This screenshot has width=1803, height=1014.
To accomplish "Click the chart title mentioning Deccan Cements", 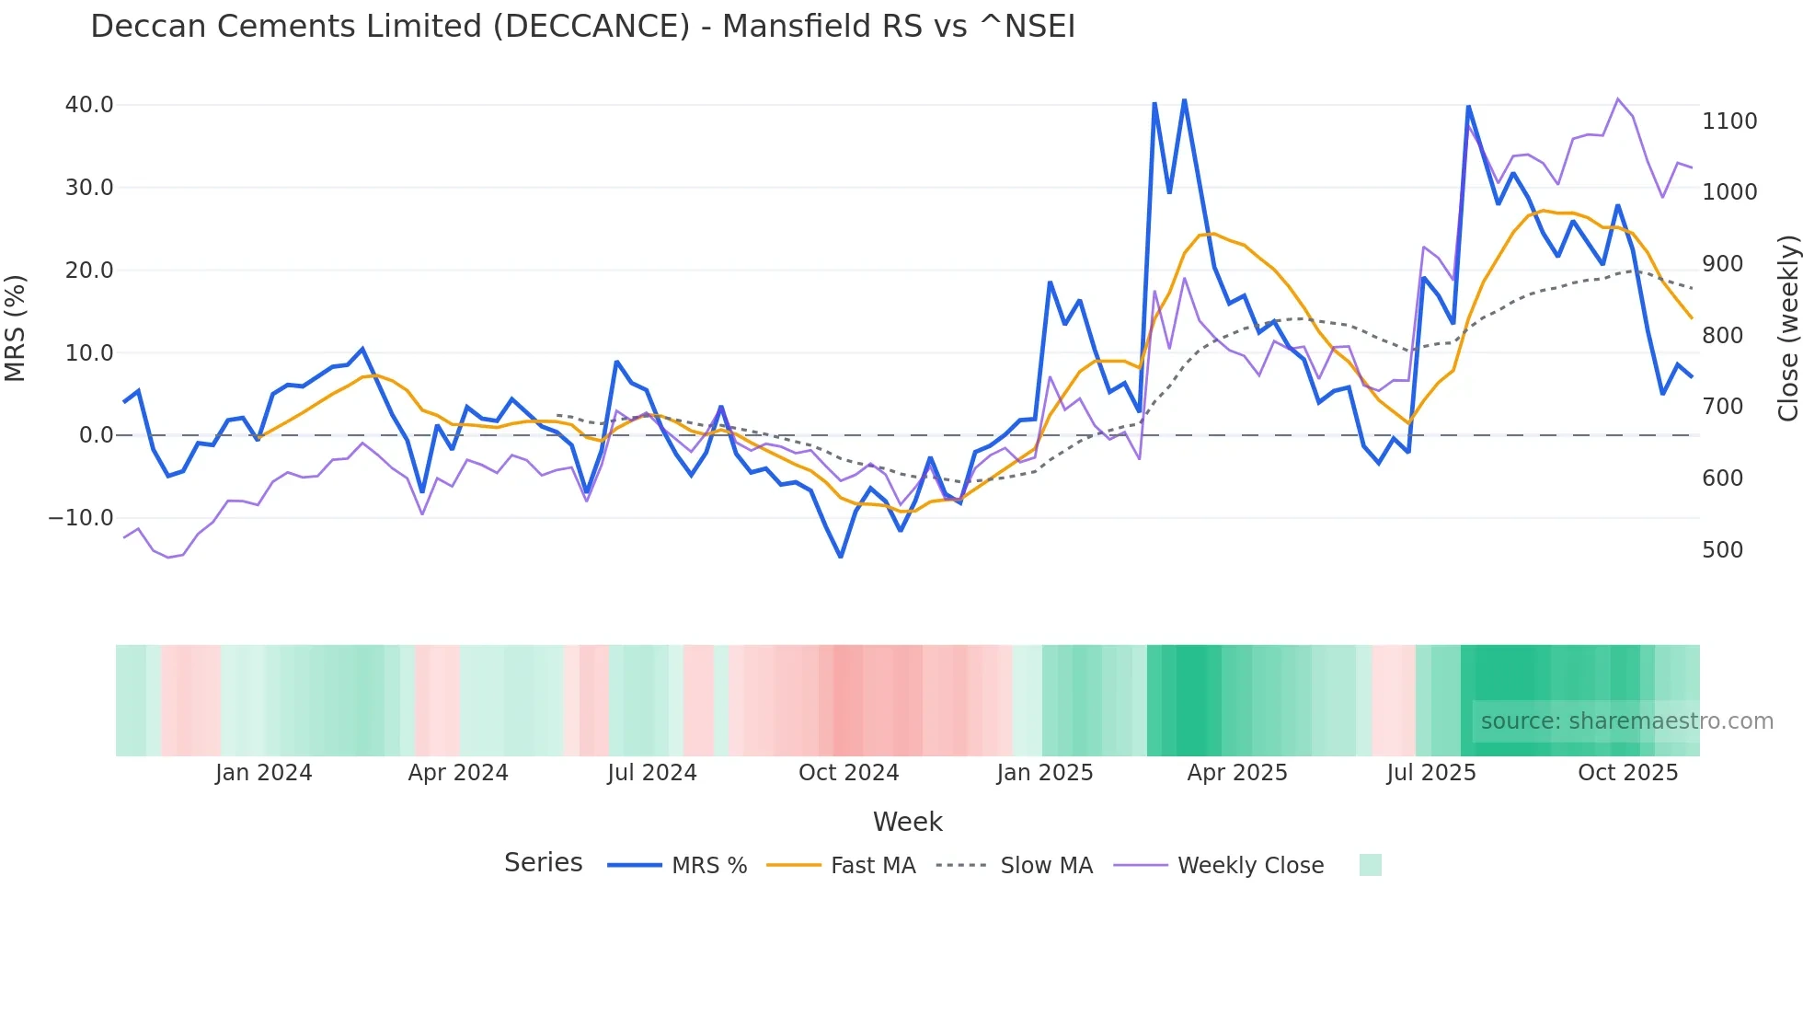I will pyautogui.click(x=582, y=27).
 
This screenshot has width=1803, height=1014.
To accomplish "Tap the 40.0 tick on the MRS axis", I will pyautogui.click(x=89, y=105).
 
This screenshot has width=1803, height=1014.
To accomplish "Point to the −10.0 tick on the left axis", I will pyautogui.click(x=81, y=518).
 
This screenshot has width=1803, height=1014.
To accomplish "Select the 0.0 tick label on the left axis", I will pyautogui.click(x=97, y=435).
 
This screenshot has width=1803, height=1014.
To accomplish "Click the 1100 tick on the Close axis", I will pyautogui.click(x=1729, y=121).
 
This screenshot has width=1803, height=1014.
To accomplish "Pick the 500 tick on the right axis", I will pyautogui.click(x=1722, y=550).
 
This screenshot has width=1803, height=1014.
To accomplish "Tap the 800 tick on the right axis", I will pyautogui.click(x=1722, y=336).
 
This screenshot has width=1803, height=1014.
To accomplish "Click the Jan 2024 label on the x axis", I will pyautogui.click(x=263, y=773).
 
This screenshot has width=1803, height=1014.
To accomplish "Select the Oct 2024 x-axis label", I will pyautogui.click(x=848, y=773).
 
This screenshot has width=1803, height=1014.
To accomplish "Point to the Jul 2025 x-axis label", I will pyautogui.click(x=1430, y=773).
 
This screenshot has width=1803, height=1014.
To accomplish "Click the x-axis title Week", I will pyautogui.click(x=907, y=822).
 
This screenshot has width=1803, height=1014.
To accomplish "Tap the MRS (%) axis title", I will pyautogui.click(x=16, y=328).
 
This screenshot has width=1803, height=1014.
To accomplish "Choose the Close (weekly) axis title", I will pyautogui.click(x=1787, y=328).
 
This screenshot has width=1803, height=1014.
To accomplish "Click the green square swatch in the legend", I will pyautogui.click(x=1370, y=865).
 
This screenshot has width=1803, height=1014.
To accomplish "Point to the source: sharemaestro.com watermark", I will pyautogui.click(x=1626, y=721).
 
